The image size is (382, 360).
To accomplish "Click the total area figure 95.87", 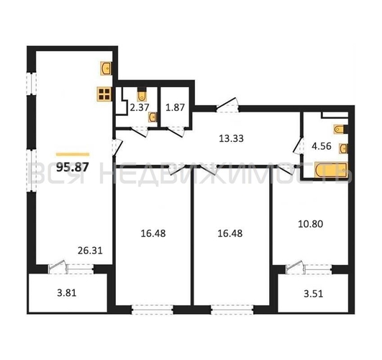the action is coord(73,167).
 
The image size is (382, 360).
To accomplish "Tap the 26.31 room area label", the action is coord(90,251).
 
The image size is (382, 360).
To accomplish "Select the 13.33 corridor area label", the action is coord(231,138).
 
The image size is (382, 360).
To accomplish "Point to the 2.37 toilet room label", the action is coord(140,107).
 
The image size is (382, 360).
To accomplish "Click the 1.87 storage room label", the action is coord(175,107).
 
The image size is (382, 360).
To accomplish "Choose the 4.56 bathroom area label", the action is coord(322,146).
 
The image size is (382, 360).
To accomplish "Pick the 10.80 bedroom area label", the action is coord(311,224).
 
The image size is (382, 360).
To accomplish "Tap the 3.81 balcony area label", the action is coord(67,293).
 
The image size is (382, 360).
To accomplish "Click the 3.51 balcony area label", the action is coord(314,294).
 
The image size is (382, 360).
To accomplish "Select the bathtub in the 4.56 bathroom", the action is coord(331,170).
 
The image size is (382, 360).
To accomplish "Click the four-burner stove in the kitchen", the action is coord(104,94).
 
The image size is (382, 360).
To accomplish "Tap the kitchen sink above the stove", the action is coord(106,68).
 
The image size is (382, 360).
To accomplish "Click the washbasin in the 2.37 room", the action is coord(153,117).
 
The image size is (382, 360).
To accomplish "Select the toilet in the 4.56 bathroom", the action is coord(340,130).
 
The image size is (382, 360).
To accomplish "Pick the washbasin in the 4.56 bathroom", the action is coord(343,148).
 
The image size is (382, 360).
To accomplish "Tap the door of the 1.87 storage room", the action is coord(177,132).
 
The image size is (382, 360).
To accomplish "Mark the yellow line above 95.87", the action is coord(73,154).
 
